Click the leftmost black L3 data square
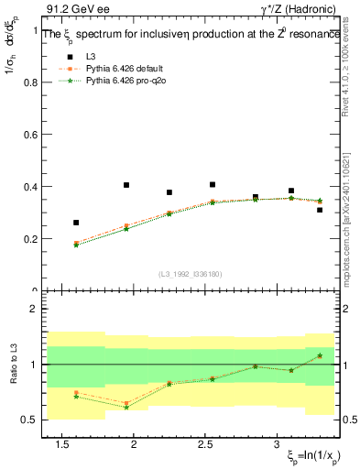76,223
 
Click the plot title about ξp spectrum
192,33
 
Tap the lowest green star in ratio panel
126,407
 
